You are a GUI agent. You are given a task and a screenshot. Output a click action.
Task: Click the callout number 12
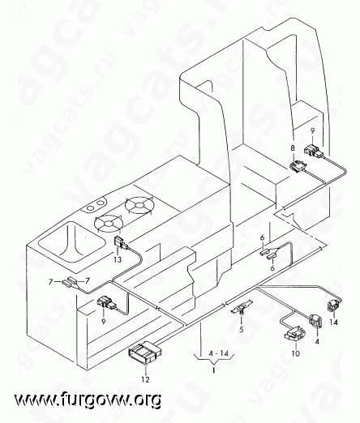(x=145, y=379)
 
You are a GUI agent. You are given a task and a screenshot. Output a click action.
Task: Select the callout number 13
(x=118, y=259)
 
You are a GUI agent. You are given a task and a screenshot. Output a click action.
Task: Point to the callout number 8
(x=293, y=148)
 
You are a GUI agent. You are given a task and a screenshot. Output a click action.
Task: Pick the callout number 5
(x=241, y=329)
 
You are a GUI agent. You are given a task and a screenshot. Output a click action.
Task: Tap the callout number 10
(x=296, y=353)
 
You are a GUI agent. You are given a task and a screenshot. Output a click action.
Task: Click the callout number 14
(x=334, y=323)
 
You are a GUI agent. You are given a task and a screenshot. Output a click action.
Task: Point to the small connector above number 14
(x=334, y=306)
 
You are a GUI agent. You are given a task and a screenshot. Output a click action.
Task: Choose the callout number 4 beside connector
(x=317, y=341)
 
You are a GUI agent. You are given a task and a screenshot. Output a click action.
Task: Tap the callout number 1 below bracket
(x=213, y=370)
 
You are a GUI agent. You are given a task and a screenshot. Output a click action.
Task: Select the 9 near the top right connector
(x=312, y=131)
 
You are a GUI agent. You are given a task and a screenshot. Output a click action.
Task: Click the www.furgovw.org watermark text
(x=88, y=399)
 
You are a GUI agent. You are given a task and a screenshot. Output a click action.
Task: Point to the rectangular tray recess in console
(x=72, y=241)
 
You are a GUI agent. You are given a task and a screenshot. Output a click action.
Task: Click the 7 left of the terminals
(x=50, y=282)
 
